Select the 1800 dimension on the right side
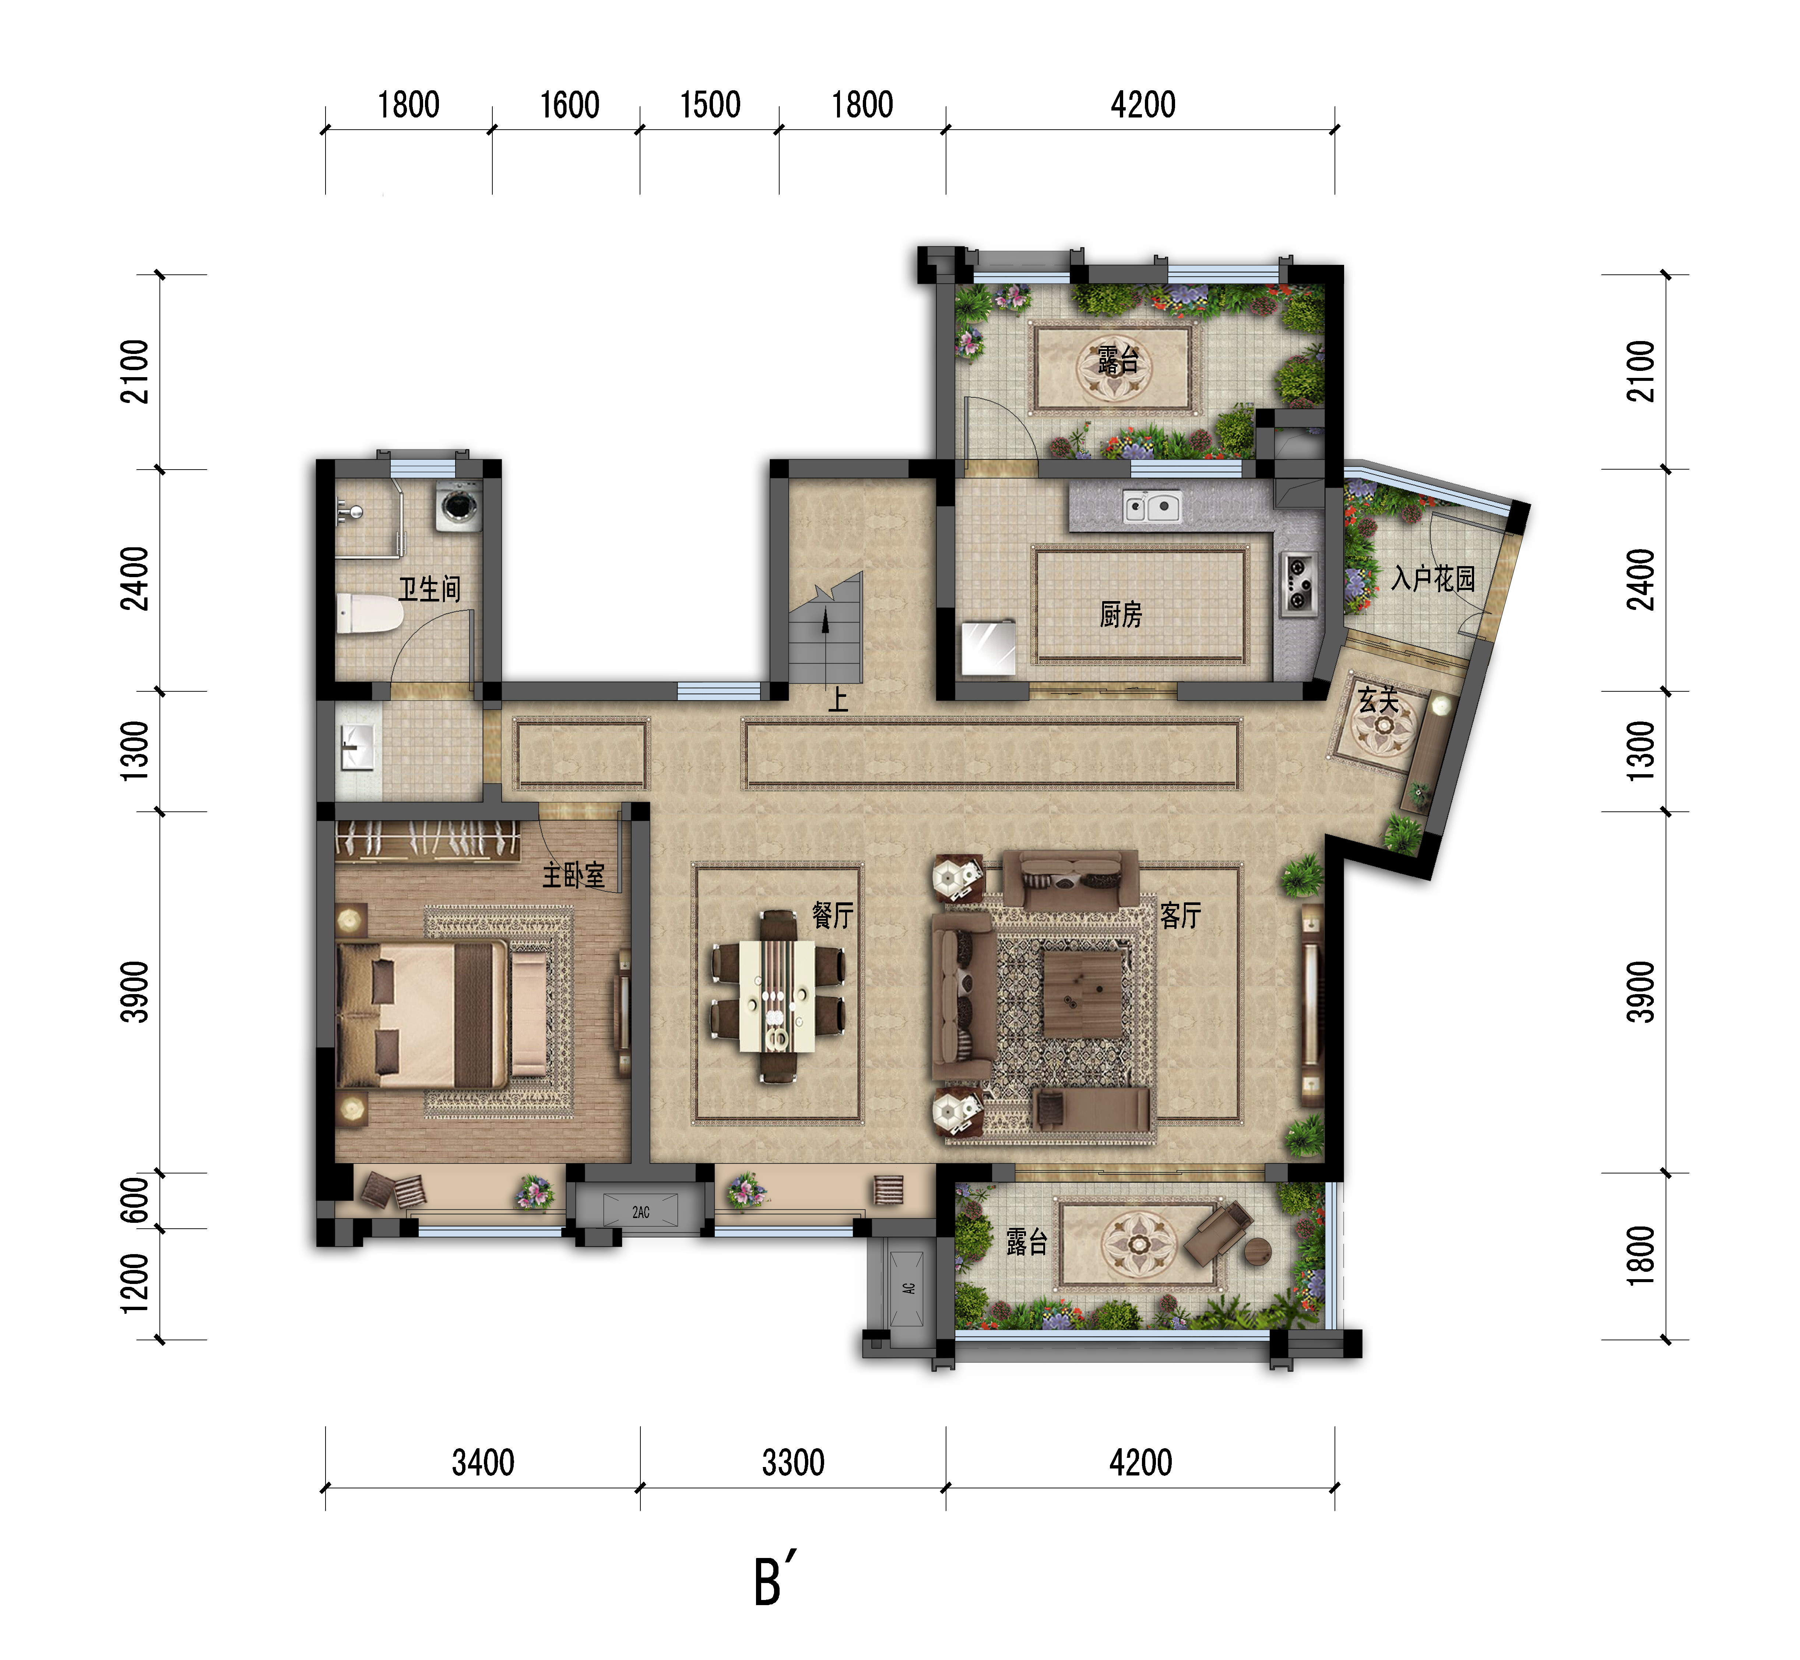click(1640, 1256)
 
